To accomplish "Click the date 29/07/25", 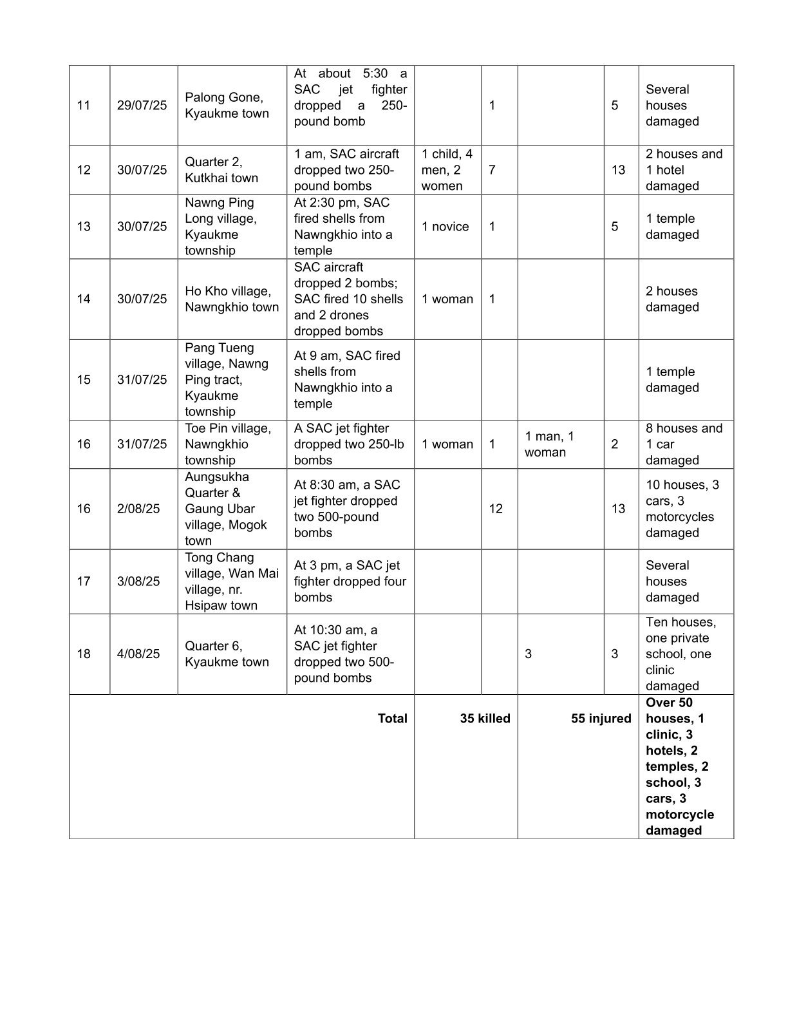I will click(142, 106).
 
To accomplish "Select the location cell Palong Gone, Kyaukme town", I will click(227, 106).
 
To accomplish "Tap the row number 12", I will click(84, 170).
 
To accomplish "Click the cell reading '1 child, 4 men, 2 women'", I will click(447, 170).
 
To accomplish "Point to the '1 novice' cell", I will click(446, 227).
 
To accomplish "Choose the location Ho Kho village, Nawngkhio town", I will click(232, 299).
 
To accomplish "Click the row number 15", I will click(84, 380).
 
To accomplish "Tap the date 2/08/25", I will click(138, 509).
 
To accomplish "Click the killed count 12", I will click(495, 509).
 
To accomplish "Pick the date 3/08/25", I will click(138, 581).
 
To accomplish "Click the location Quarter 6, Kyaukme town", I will click(227, 654).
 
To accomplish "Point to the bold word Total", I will click(392, 719).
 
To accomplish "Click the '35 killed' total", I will click(485, 719).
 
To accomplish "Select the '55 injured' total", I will click(601, 719).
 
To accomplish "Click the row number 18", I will click(84, 654).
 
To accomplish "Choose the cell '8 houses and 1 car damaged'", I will click(684, 444).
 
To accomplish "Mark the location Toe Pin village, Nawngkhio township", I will click(228, 444).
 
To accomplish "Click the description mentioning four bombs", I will click(350, 581).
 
